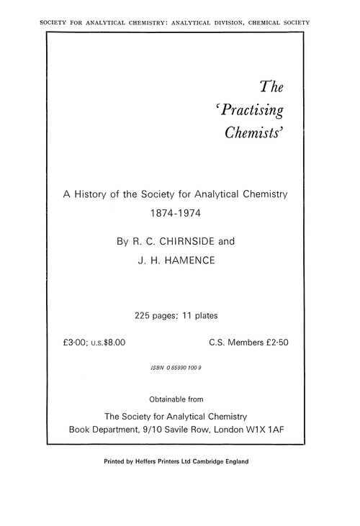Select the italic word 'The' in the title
(x=271, y=88)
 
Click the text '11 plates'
(x=201, y=314)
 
